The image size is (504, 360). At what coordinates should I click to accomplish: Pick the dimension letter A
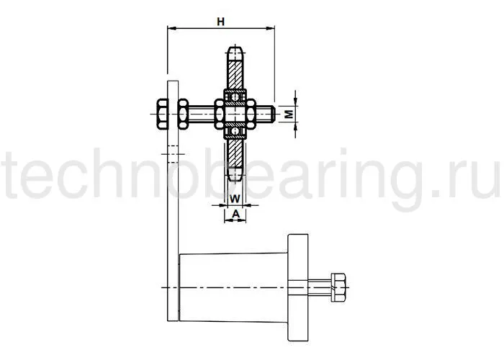[235, 213]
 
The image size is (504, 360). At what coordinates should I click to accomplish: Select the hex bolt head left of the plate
[160, 113]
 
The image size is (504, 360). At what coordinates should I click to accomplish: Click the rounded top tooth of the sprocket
[235, 53]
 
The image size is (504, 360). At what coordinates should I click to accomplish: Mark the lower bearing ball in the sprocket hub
[235, 130]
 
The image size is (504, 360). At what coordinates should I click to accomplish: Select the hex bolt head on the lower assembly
[338, 288]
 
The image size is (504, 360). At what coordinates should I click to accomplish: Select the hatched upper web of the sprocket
[235, 76]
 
